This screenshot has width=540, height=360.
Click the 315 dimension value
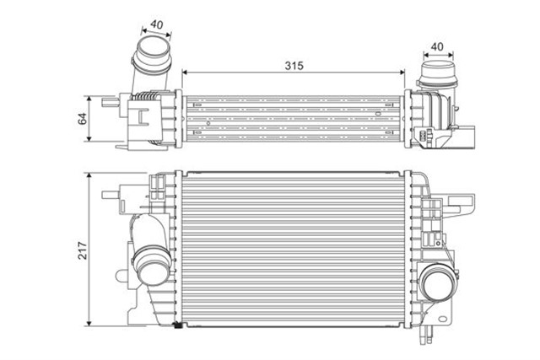pyautogui.click(x=294, y=65)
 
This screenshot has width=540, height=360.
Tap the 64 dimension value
pyautogui.click(x=83, y=119)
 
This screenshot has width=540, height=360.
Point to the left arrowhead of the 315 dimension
pyautogui.click(x=186, y=74)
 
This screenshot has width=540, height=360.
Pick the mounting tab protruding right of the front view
pyautogui.click(x=464, y=203)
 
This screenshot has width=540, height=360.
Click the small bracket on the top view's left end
pyautogui.click(x=109, y=105)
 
